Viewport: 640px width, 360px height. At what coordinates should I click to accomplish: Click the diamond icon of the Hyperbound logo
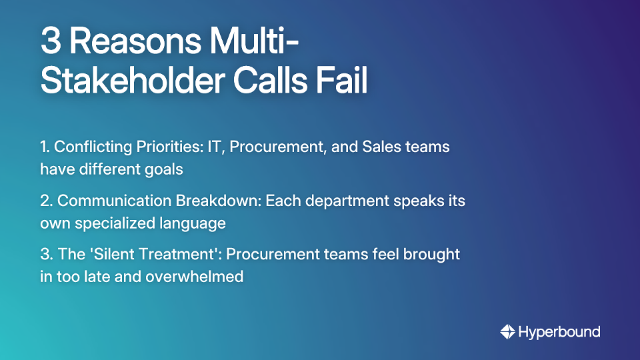click(507, 331)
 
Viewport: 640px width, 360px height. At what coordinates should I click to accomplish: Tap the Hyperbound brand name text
click(559, 331)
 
